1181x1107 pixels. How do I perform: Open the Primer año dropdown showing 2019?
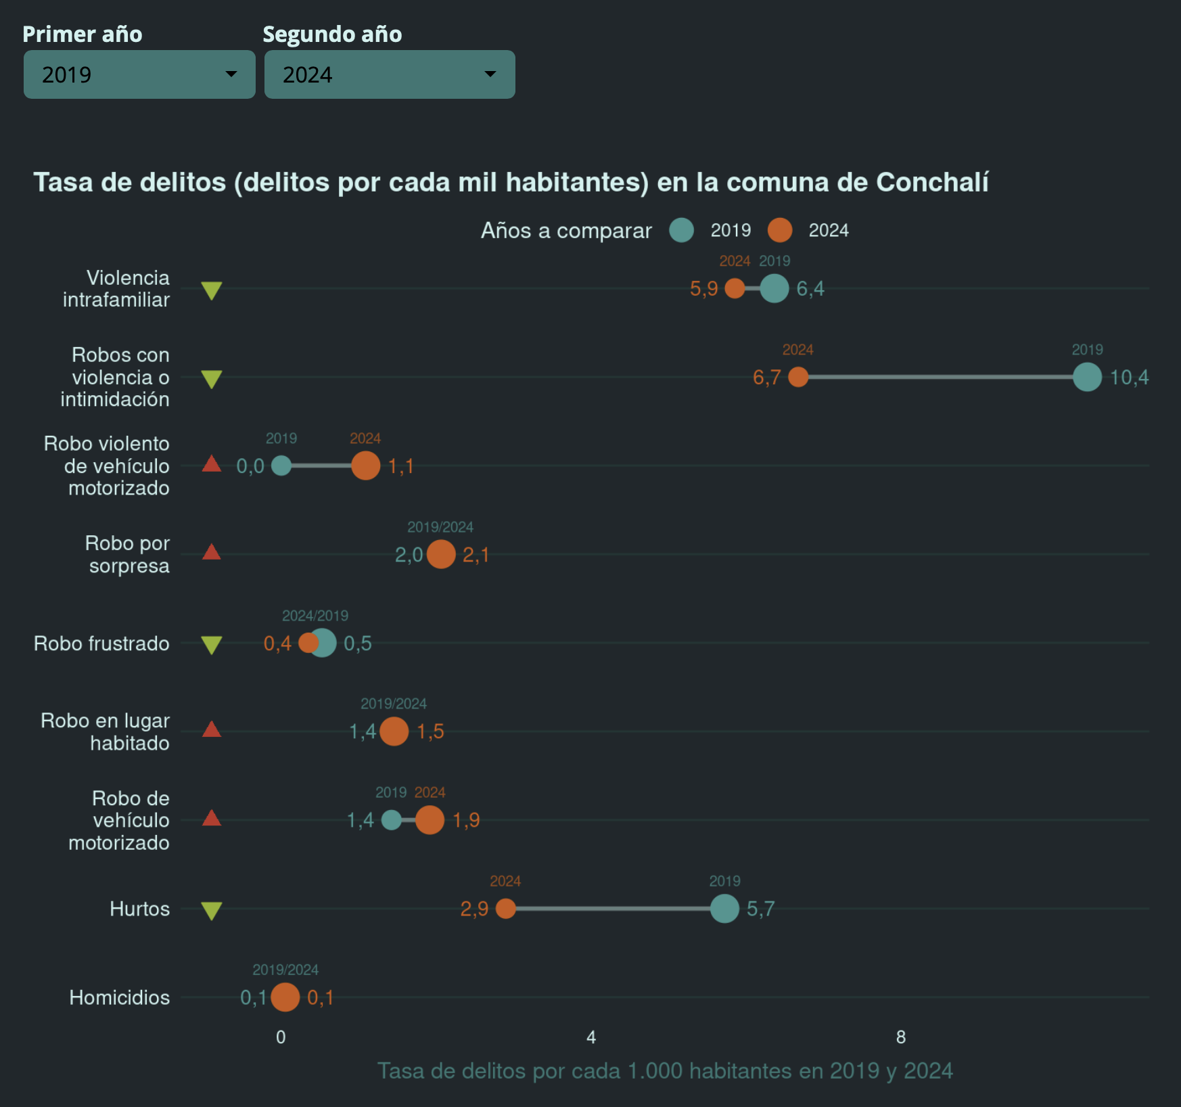139,74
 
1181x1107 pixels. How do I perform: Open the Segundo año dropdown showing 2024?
389,74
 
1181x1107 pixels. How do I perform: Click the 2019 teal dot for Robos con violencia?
1087,377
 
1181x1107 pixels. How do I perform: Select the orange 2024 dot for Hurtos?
505,909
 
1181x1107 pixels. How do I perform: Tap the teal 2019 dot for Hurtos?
724,909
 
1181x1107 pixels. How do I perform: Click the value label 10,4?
1129,378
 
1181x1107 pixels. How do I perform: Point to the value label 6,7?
766,378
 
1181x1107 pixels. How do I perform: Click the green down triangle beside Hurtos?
212,911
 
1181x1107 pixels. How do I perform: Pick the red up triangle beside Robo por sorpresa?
212,553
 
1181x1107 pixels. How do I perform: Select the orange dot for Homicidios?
285,997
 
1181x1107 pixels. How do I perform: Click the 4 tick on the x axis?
591,1037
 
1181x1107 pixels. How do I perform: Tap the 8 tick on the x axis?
901,1037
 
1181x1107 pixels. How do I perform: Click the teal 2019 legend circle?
681,230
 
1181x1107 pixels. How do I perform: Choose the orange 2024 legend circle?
780,230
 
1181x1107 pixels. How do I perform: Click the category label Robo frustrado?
101,643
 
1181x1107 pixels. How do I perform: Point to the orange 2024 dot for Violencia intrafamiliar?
735,288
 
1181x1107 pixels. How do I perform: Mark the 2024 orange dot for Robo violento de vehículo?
365,466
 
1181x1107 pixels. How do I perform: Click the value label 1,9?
466,820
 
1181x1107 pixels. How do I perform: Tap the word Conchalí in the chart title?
932,183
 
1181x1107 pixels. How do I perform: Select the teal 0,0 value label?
250,466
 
